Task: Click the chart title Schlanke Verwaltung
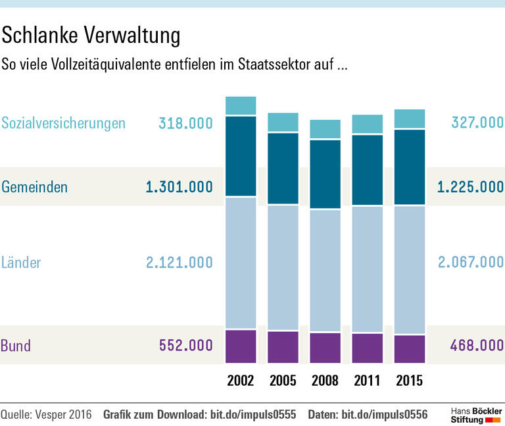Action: pos(91,36)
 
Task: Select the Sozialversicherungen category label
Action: pos(63,123)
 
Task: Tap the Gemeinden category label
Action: pos(34,187)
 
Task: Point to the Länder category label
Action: pos(21,263)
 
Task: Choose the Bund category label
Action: pos(16,346)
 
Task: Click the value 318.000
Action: pos(185,123)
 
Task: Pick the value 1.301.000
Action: pos(179,187)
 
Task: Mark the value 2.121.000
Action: pos(179,263)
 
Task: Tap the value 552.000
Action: pos(185,346)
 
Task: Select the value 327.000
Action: pos(477,123)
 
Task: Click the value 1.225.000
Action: pos(471,187)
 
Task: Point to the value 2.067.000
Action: pos(471,263)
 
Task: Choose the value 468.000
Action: pos(477,346)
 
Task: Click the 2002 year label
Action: pos(241,381)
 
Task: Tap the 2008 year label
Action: pos(325,381)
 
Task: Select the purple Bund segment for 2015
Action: pos(409,349)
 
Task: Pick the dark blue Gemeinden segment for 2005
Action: pos(283,169)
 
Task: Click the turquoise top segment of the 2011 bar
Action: pos(367,124)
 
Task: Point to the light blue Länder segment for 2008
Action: pos(325,271)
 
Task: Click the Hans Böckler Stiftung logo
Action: pos(476,414)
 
